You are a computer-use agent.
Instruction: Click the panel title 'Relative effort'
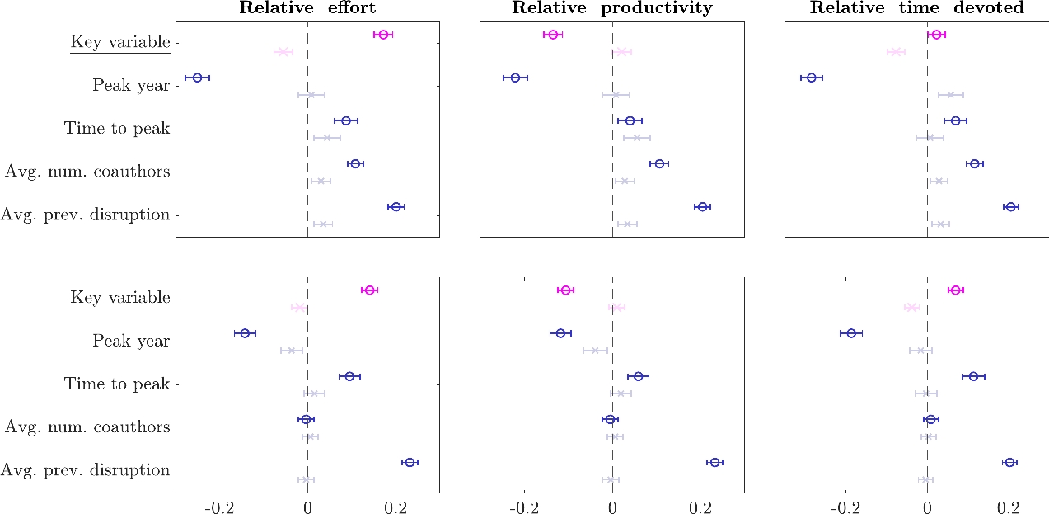(307, 8)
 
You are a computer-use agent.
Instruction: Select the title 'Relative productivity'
(611, 8)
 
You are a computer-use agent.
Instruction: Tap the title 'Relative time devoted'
(917, 8)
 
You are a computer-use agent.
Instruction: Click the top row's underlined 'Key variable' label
(120, 42)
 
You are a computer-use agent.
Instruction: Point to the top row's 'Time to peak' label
(117, 128)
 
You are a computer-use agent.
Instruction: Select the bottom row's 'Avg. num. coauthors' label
(87, 427)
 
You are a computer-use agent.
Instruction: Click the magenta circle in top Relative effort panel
(383, 35)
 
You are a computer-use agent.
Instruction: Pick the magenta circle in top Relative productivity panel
(553, 35)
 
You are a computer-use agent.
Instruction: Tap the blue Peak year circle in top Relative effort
(197, 78)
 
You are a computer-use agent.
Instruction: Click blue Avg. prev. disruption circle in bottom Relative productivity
(714, 463)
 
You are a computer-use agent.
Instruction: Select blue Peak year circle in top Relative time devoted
(812, 78)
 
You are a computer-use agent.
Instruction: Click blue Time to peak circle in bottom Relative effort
(349, 376)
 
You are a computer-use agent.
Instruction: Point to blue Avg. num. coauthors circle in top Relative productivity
(658, 164)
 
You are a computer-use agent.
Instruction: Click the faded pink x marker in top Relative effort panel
(283, 52)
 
